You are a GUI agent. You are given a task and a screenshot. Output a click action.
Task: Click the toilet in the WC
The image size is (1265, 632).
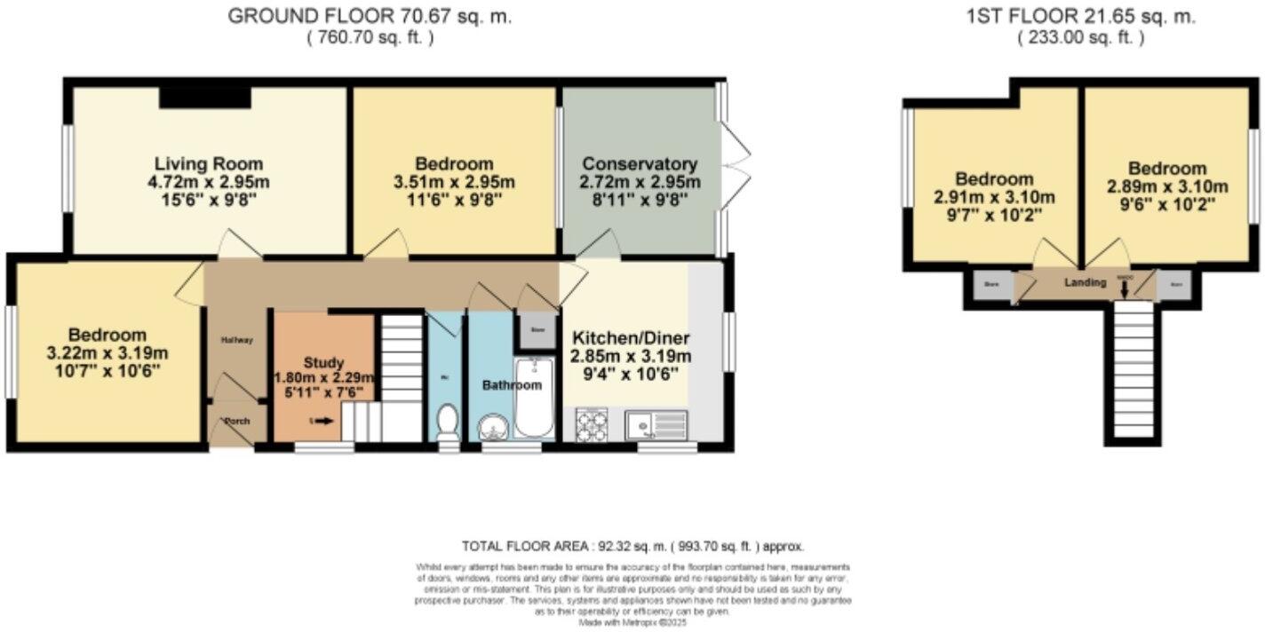pyautogui.click(x=448, y=423)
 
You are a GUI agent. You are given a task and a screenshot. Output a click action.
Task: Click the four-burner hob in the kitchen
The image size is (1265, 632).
pyautogui.click(x=591, y=423)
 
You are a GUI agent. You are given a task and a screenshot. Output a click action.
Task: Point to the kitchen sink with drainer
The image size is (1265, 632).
pyautogui.click(x=656, y=424)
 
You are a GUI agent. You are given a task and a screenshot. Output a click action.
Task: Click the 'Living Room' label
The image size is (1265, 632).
pyautogui.click(x=209, y=164)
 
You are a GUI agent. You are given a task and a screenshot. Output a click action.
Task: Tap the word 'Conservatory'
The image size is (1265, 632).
pyautogui.click(x=640, y=164)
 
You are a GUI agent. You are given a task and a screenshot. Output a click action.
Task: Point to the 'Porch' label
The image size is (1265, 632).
pyautogui.click(x=236, y=421)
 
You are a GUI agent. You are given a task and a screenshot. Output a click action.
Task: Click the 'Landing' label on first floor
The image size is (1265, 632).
pyautogui.click(x=1086, y=282)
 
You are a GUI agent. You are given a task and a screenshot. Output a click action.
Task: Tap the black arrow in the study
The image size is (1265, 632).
pyautogui.click(x=323, y=421)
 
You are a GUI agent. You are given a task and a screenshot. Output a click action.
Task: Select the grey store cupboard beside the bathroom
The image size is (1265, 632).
pyautogui.click(x=537, y=329)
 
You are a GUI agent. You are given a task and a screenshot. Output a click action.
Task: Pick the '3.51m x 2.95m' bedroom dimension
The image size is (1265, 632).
pyautogui.click(x=454, y=182)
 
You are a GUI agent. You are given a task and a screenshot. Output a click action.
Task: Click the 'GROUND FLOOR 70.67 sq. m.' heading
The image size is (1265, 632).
pyautogui.click(x=370, y=16)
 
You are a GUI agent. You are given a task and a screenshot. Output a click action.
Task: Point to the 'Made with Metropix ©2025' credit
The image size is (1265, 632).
pyautogui.click(x=632, y=623)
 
